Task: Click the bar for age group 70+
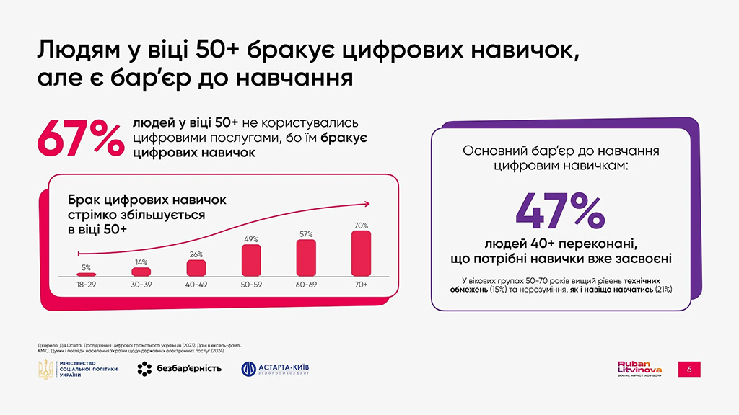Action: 361,254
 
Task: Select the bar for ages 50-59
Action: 251,261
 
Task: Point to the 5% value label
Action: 86,267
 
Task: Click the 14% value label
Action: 141,262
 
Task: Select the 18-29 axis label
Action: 86,285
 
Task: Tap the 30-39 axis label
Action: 141,285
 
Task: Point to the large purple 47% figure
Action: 560,208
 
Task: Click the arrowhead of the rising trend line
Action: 367,202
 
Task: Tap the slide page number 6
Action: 689,369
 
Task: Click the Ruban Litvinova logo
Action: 639,368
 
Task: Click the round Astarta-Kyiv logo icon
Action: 249,369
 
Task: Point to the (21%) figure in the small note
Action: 663,289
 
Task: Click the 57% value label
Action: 306,234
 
